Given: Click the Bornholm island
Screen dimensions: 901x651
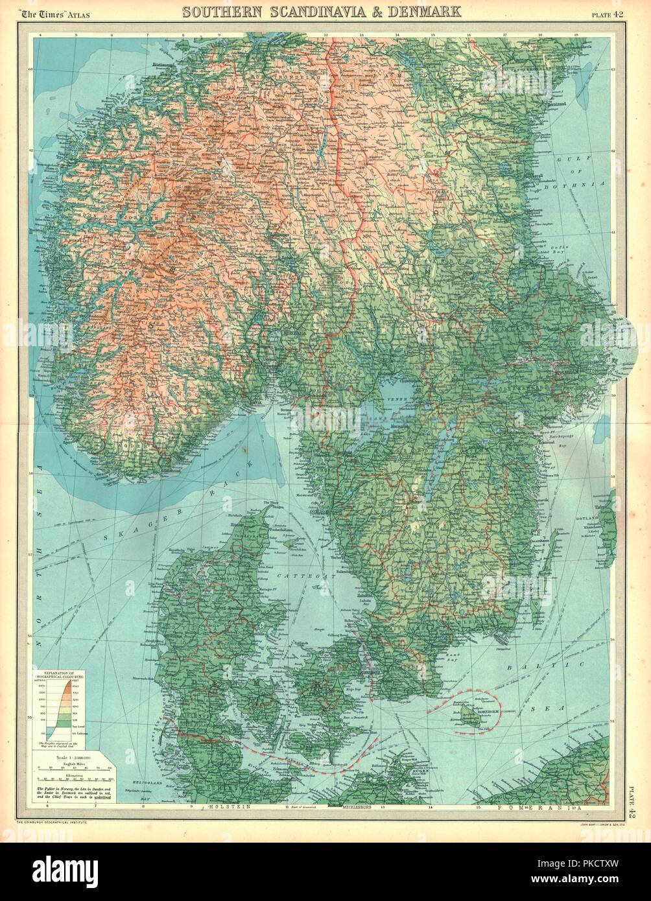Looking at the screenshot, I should click(468, 714).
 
